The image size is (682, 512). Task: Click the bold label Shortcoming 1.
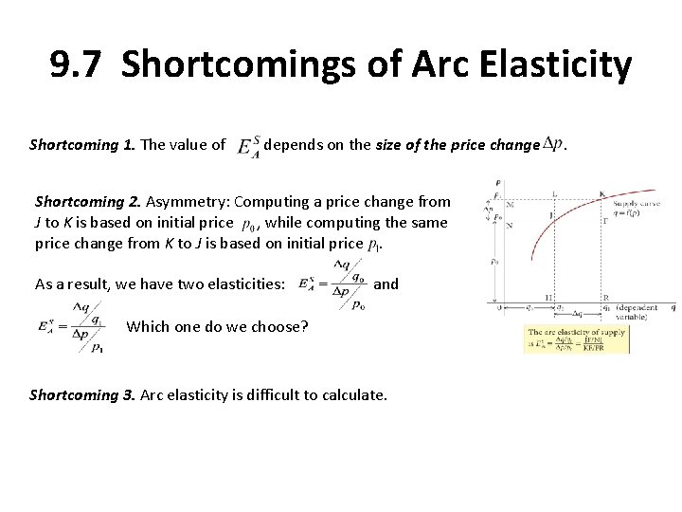click(81, 145)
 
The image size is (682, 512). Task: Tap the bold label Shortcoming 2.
click(86, 201)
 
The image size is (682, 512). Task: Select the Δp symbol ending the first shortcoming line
click(553, 143)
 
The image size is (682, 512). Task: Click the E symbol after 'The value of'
click(247, 144)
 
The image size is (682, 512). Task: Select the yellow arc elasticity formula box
click(576, 338)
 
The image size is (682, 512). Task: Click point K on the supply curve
click(603, 193)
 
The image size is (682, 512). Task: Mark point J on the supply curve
click(552, 214)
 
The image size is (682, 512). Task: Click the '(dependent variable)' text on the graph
click(642, 312)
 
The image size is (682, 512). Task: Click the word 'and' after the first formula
click(386, 283)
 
